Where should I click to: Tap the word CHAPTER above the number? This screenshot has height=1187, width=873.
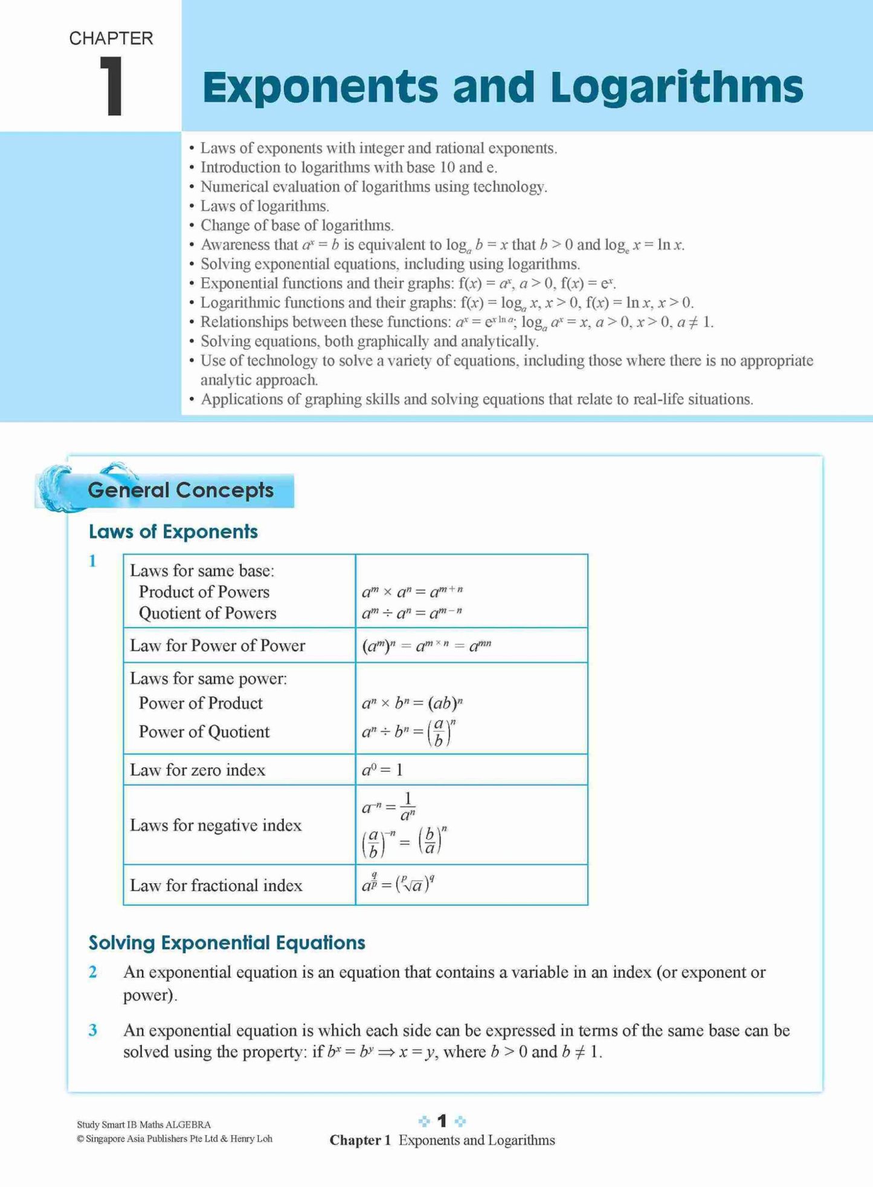click(x=111, y=38)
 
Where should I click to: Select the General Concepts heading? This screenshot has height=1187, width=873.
click(x=181, y=490)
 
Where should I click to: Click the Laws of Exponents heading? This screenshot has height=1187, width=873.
click(x=173, y=531)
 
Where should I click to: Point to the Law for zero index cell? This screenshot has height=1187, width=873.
click(x=198, y=770)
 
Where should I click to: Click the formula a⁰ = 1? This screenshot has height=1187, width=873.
click(x=382, y=770)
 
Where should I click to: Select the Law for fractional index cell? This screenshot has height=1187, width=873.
click(x=216, y=885)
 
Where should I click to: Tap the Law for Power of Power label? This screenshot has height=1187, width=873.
click(x=217, y=645)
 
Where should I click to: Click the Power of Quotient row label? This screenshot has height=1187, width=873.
click(x=204, y=732)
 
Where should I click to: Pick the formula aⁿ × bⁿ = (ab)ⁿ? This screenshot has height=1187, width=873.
click(x=412, y=703)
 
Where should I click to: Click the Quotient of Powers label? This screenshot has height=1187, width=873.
click(x=207, y=613)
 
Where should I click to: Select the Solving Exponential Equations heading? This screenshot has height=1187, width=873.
click(x=227, y=942)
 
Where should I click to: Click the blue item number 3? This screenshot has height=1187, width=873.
click(x=93, y=1030)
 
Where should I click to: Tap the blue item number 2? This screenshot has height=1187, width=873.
click(x=93, y=972)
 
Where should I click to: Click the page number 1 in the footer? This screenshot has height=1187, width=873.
click(x=442, y=1121)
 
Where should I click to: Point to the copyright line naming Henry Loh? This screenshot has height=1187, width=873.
click(x=175, y=1139)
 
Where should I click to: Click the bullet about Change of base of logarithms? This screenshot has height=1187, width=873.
click(x=297, y=225)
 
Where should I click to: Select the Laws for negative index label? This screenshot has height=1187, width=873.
click(x=215, y=825)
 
